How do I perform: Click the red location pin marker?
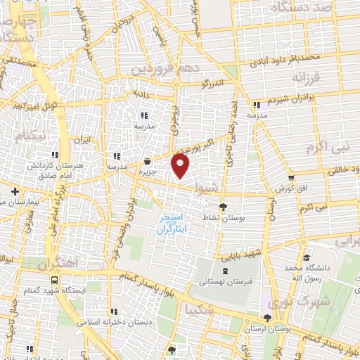click(x=181, y=166)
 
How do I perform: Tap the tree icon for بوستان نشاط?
click(x=223, y=207)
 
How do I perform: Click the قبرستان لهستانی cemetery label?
click(x=223, y=282)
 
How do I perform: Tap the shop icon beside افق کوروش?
click(x=292, y=177)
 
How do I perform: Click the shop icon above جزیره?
click(x=147, y=161)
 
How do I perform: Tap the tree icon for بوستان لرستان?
click(x=266, y=317)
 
